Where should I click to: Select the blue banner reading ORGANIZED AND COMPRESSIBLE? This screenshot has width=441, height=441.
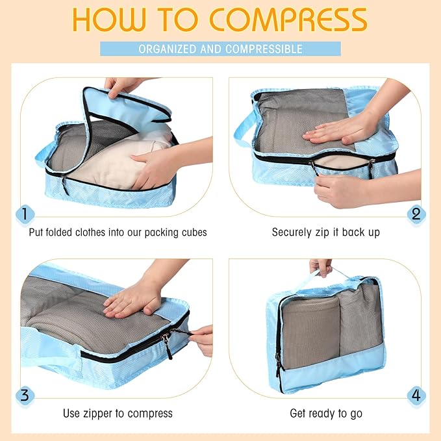point(220,49)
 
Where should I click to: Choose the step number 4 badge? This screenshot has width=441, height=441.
point(416,395)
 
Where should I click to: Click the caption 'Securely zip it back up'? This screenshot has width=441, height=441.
point(325,233)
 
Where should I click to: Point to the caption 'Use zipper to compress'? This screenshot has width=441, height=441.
point(118,413)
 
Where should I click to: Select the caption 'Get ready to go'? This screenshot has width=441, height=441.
point(325,413)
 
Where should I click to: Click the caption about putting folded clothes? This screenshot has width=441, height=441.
point(118,233)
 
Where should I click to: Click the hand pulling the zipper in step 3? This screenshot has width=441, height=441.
point(201,339)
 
